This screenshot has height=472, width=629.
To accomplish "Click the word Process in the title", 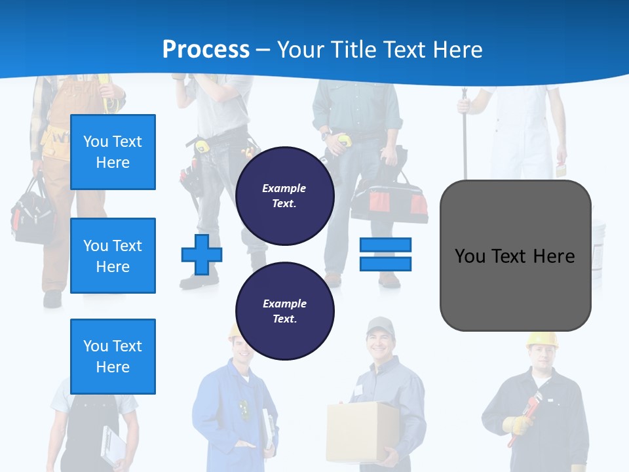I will [206, 49].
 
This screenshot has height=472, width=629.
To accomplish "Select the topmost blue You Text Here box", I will [113, 152].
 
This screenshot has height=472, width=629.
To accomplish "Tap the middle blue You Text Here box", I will [113, 256].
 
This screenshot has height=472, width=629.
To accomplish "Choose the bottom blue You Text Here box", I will [113, 356].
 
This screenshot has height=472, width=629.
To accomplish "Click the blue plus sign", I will [201, 254].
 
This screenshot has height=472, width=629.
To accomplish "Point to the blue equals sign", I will [385, 254].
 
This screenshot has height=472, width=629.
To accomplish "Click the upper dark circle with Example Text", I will [284, 195].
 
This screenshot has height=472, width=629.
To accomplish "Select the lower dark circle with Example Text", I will [284, 311].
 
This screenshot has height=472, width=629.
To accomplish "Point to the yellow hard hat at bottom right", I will [542, 340].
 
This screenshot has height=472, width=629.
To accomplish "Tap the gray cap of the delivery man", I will [379, 325].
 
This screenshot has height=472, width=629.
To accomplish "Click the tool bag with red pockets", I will [389, 200].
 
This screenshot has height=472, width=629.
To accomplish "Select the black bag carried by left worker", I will [33, 213].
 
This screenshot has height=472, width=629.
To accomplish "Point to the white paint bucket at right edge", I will [598, 239].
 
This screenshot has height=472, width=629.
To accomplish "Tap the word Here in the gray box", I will [554, 256].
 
